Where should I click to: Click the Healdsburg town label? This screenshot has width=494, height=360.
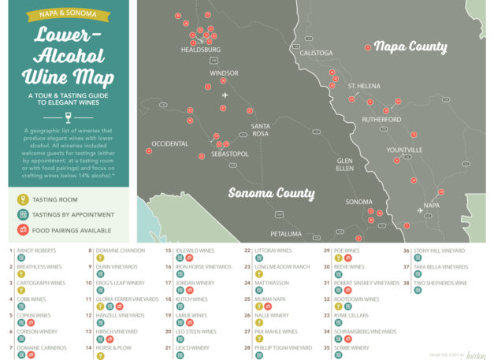click(x=200, y=50)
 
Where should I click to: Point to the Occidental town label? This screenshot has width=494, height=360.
click(x=169, y=143)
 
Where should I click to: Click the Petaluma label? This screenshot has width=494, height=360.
click(x=285, y=234)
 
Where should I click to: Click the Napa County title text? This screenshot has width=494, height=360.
click(x=410, y=46)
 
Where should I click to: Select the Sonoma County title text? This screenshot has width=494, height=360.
click(x=271, y=193)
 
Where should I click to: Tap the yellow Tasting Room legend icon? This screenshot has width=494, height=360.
click(x=23, y=199)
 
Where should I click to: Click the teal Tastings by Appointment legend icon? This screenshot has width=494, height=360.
click(x=23, y=214)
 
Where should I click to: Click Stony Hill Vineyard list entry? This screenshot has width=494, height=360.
click(x=439, y=251)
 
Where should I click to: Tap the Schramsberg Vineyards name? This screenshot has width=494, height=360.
click(x=365, y=332)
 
